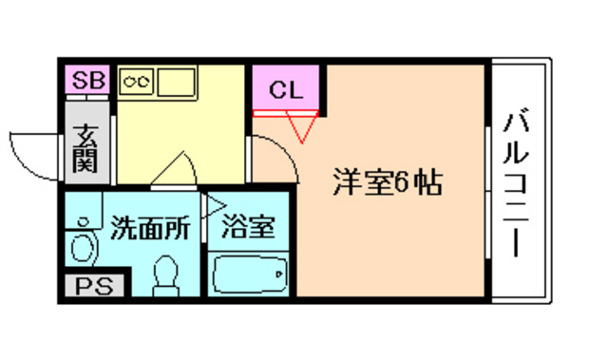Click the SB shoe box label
[87, 80]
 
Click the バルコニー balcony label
[519, 185]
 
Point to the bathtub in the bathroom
[249, 276]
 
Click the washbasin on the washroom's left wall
[84, 244]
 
